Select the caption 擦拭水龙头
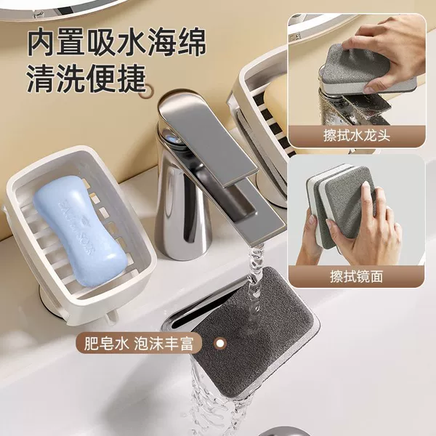pyautogui.click(x=357, y=136)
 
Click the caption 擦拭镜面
pyautogui.click(x=357, y=276)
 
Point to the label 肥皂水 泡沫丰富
pyautogui.click(x=138, y=344)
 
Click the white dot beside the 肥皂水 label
pyautogui.click(x=220, y=343)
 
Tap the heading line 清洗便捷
pyautogui.click(x=86, y=78)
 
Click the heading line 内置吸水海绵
pyautogui.click(x=116, y=41)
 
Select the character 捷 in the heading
pyautogui.click(x=132, y=78)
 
